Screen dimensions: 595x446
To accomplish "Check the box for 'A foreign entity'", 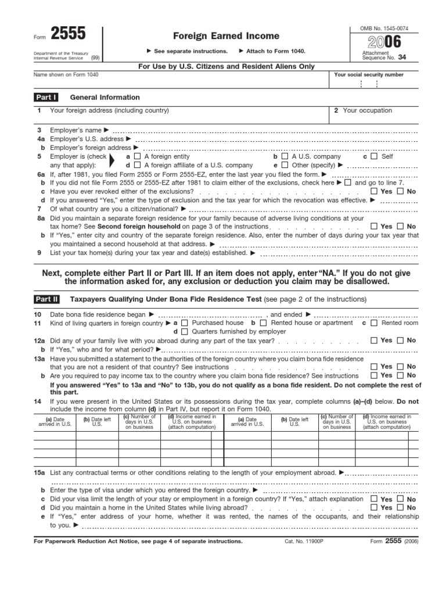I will click(137, 157).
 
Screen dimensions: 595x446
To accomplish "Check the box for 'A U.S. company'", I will click(285, 157).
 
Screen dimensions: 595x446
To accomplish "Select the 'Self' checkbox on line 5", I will click(374, 157).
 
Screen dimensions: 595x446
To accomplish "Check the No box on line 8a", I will click(400, 227).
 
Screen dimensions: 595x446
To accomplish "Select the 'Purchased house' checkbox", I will click(184, 323).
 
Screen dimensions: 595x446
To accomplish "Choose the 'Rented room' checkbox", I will click(374, 323).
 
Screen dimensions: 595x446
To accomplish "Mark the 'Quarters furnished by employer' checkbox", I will click(184, 332).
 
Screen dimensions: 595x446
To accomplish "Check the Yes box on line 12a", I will click(373, 341).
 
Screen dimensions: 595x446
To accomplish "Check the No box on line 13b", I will click(400, 376).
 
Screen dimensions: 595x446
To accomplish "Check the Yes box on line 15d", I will click(373, 508).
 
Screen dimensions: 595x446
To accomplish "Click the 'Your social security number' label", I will click(369, 75).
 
